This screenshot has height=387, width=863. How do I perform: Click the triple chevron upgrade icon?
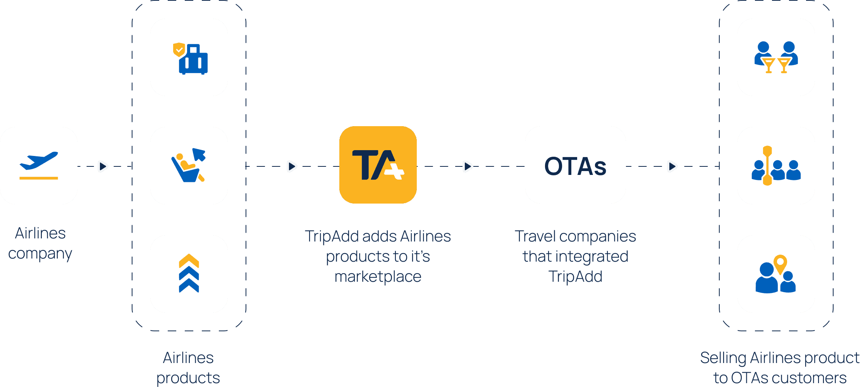coord(189,274)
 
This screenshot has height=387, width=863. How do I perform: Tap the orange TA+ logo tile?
coord(378,165)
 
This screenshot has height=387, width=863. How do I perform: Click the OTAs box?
coord(575,165)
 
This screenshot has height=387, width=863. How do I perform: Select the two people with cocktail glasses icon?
coord(776,57)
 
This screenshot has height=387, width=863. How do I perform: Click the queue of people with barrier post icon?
coord(776,166)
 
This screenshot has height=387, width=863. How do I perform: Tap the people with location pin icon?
coord(776,274)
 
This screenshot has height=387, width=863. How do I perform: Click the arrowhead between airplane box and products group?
coord(103,166)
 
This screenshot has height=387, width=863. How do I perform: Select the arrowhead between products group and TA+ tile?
coord(292,166)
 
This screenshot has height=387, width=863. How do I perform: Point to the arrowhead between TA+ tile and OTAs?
coord(468,166)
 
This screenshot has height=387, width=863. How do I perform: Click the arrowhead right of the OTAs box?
coord(672,166)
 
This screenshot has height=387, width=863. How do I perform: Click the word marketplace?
coord(378,277)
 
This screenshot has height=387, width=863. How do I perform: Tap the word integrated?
coord(597,257)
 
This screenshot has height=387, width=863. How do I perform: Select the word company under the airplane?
coord(40,254)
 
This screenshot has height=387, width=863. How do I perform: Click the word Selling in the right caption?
coord(723,358)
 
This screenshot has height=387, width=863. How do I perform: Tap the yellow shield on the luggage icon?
coord(179,50)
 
